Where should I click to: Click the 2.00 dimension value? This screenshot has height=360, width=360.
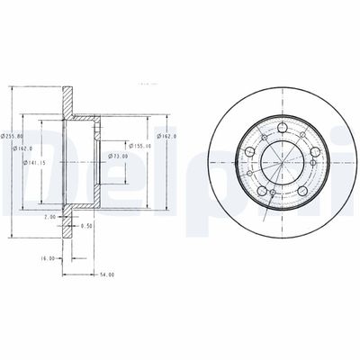[49, 217]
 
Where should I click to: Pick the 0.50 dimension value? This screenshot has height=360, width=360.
[86, 226]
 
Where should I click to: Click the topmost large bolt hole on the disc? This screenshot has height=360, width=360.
[283, 127]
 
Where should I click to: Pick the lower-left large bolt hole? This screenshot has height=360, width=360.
[261, 191]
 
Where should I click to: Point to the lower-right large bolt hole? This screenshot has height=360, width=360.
[304, 191]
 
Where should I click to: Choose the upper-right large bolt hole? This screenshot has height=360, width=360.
[316, 149]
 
